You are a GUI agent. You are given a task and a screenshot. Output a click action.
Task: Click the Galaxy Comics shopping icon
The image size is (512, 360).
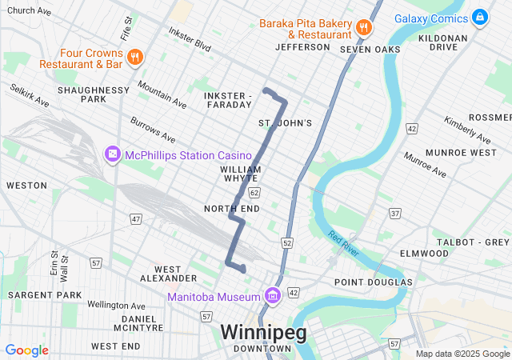point(479,17)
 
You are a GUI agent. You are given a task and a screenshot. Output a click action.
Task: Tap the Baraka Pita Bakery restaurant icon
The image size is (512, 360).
point(364,26)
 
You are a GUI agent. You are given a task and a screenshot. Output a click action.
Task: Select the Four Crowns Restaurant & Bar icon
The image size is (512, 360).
point(135,57)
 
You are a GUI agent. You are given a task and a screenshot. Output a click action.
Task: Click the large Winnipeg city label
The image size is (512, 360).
point(263,332)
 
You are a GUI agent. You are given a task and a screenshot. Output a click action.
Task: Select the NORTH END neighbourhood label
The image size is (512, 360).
point(231,209)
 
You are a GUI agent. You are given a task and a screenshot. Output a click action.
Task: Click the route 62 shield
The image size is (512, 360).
point(254,193)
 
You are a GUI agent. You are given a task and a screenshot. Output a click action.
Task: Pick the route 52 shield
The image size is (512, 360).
point(287,242)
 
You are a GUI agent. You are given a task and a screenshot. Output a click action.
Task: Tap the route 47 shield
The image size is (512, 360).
point(136,218)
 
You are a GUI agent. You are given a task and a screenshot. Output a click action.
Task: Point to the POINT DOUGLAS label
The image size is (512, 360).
point(373,282)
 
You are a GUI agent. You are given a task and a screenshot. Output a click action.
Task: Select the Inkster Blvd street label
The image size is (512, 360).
point(190,38)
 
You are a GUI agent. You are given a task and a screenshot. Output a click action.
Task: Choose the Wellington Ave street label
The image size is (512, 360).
point(116,306)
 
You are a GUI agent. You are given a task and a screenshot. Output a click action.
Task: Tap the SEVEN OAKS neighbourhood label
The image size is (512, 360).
point(370,50)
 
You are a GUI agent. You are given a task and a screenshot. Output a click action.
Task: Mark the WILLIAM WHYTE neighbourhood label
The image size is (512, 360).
point(241,174)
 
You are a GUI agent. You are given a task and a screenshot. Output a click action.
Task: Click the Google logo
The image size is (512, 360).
point(26,350)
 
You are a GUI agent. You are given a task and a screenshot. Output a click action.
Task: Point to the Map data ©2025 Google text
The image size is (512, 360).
point(462,354)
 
